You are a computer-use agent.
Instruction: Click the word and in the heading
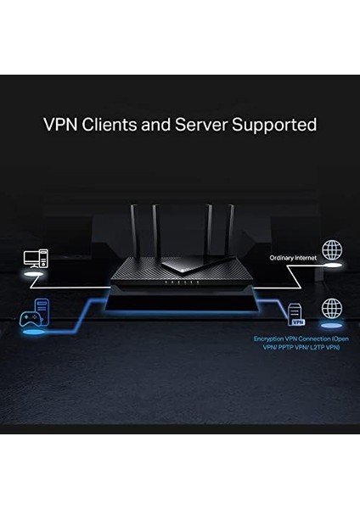click(156, 125)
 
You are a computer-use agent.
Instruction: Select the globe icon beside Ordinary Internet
click(332, 251)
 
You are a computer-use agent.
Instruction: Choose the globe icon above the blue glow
click(330, 309)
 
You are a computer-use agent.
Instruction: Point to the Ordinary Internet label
click(293, 258)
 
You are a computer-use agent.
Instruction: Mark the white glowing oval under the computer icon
click(33, 275)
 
